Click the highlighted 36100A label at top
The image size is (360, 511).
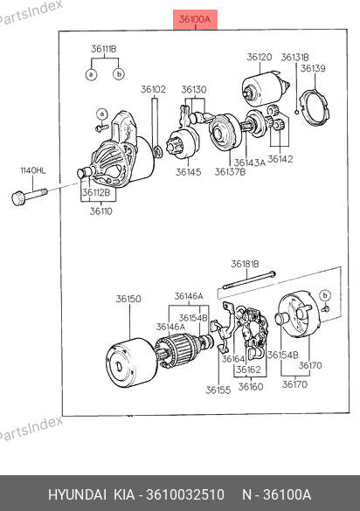click(195, 19)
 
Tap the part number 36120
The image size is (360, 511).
click(260, 57)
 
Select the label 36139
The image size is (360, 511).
click(313, 68)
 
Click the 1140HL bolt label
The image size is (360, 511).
click(33, 170)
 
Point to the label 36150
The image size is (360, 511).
click(128, 299)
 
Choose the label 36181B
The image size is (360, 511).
click(245, 264)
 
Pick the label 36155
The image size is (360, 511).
click(218, 390)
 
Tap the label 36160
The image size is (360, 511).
click(251, 386)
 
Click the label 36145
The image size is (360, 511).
click(188, 172)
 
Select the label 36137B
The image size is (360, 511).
click(230, 172)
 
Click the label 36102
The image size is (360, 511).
click(153, 89)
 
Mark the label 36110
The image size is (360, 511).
click(101, 211)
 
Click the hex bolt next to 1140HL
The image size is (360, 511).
click(29, 196)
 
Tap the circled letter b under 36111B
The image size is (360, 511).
click(119, 74)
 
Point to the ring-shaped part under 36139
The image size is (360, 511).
click(315, 107)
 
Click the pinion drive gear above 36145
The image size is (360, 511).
click(183, 144)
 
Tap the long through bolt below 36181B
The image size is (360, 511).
click(249, 280)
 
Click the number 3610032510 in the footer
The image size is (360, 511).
click(185, 494)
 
